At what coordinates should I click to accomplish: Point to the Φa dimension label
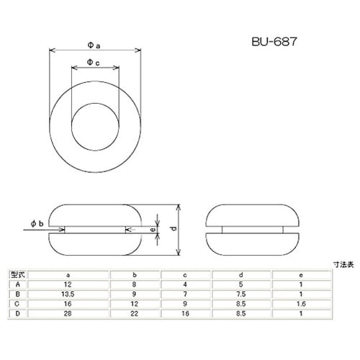[x=94, y=45]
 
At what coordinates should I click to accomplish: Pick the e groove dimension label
[x=152, y=229]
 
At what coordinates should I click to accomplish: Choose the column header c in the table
[x=186, y=274]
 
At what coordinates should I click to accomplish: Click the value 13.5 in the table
[x=68, y=294]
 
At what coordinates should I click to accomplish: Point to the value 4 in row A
[x=186, y=284]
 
